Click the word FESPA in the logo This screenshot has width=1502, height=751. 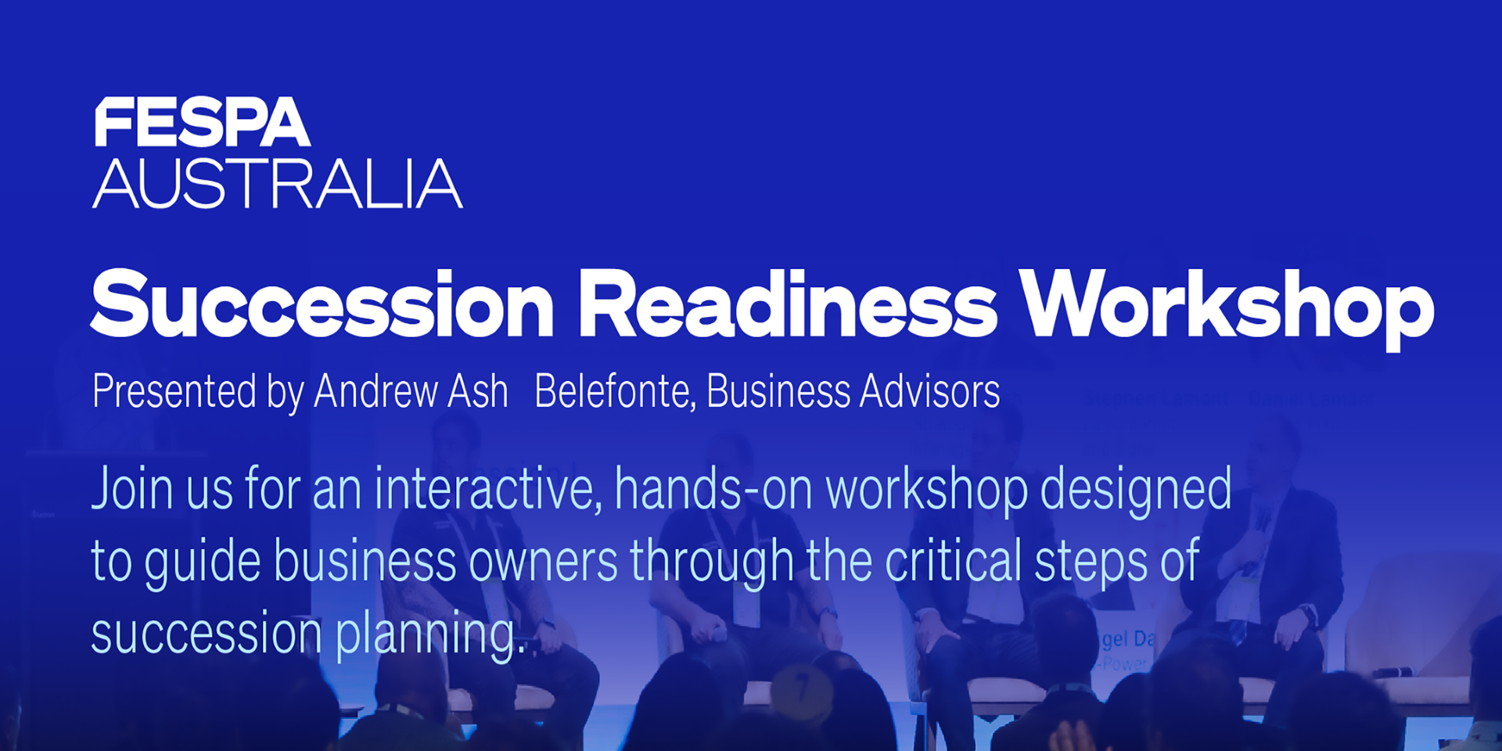pos(202,122)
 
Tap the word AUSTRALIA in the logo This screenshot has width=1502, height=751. pos(278,184)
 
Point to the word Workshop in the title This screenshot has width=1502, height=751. pos(1227,308)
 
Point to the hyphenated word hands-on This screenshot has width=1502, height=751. pos(714,488)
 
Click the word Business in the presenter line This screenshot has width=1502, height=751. pos(778,390)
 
